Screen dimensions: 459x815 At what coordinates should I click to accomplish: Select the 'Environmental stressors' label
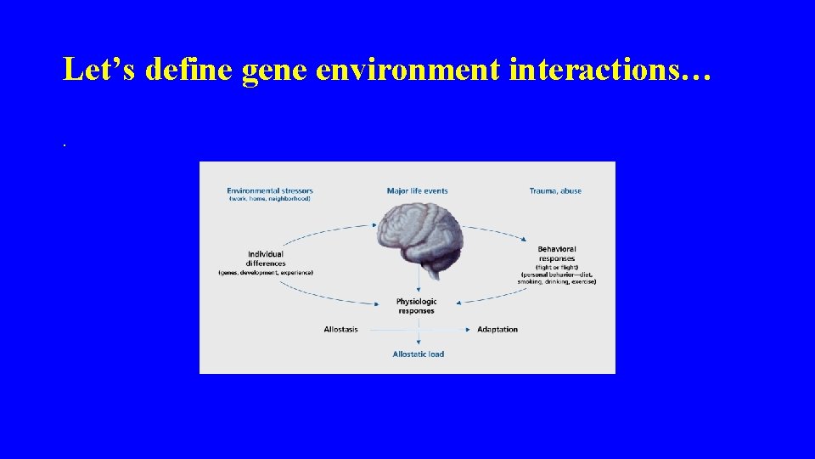(268, 190)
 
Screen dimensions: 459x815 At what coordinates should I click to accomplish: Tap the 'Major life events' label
(417, 191)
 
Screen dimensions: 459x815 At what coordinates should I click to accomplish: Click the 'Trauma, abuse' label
(555, 191)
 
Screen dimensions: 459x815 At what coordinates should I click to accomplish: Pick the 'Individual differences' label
(266, 258)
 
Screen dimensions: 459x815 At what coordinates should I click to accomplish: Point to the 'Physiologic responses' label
(416, 306)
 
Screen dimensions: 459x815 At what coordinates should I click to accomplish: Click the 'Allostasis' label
(340, 330)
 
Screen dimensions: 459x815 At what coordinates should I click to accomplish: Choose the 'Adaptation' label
(497, 330)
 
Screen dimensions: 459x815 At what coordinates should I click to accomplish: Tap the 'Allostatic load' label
(418, 354)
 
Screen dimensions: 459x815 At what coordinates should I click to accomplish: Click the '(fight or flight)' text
(556, 267)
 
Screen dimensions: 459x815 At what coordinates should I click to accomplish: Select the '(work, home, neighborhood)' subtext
(268, 199)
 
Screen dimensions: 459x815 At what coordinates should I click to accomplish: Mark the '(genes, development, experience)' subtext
(266, 273)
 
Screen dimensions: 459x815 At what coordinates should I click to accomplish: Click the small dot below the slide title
(64, 144)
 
